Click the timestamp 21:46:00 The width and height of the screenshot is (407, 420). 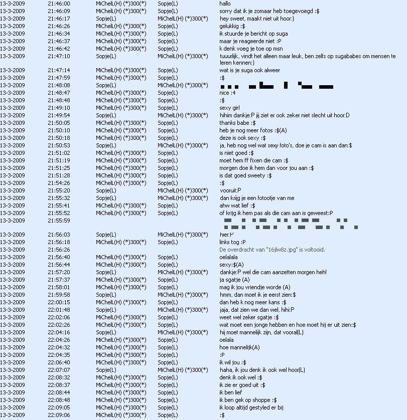point(59,4)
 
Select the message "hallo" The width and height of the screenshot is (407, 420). point(225,4)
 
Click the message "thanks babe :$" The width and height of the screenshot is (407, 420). point(237,123)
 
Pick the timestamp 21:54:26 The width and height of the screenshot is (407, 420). point(59,183)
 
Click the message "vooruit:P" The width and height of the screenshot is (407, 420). point(230,190)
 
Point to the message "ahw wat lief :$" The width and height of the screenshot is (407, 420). point(237,205)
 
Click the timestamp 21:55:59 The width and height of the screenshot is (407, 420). point(59,221)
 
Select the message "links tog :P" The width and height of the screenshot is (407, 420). point(232,242)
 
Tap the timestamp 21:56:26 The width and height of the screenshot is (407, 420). point(59,250)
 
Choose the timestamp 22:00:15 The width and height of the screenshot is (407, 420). point(59,302)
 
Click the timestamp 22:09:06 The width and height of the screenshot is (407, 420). point(59,415)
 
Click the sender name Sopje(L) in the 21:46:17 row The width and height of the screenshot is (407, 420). point(106,19)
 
